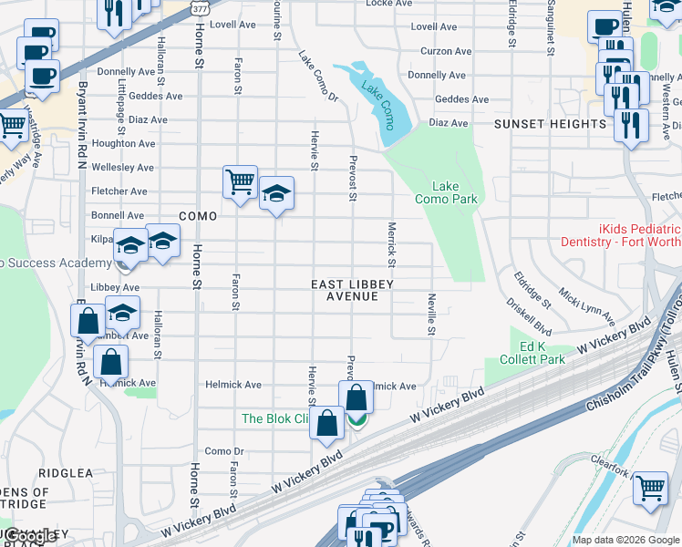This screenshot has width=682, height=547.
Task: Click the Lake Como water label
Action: tap(377, 104)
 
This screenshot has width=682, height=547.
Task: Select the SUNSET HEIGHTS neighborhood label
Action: tap(538, 124)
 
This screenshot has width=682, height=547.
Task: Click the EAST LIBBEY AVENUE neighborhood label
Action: tap(352, 291)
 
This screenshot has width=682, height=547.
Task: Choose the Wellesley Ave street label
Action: tap(122, 168)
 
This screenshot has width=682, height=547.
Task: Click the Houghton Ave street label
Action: tap(123, 143)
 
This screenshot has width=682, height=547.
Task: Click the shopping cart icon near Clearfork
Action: tap(649, 488)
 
